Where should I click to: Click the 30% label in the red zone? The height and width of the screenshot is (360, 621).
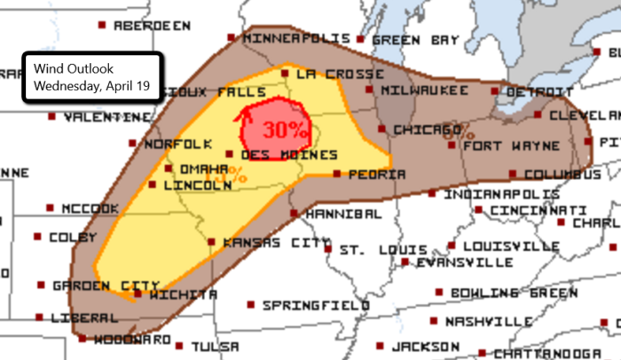click(x=285, y=129)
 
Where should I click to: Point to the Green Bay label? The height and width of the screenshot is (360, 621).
click(x=415, y=40)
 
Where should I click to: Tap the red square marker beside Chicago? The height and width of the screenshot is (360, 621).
click(x=382, y=129)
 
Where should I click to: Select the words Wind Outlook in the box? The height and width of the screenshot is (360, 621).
click(x=68, y=68)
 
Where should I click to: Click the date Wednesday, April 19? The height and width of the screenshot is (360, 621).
click(x=87, y=86)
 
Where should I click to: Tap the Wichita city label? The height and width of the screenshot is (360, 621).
click(x=183, y=293)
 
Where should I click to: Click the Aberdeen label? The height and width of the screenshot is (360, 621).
click(x=152, y=26)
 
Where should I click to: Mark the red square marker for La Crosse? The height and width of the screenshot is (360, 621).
click(x=284, y=73)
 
